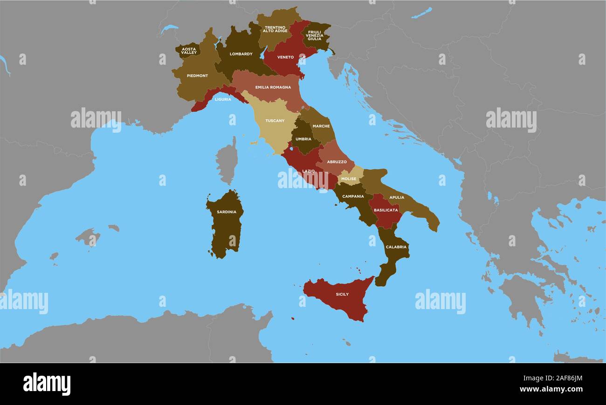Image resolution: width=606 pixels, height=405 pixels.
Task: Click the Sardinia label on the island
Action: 227,212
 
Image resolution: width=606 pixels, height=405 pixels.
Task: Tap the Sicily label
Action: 342,295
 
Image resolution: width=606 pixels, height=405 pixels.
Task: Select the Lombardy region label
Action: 241,54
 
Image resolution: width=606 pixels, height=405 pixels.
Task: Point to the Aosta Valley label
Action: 189,51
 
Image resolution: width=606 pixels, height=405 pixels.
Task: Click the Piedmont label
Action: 197,76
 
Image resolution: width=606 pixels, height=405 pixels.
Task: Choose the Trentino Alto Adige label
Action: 275,29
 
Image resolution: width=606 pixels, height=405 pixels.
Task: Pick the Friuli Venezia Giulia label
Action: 315,35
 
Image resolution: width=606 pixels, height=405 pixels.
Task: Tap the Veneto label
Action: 285,57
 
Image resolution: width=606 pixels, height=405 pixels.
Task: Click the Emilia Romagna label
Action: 273,88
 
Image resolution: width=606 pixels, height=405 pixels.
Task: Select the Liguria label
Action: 223,99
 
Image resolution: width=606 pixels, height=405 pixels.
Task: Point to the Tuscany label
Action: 275,121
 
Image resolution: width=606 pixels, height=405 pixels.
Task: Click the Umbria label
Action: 303,139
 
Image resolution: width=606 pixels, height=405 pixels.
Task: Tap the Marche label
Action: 321,126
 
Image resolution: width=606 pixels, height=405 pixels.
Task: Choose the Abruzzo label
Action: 337,162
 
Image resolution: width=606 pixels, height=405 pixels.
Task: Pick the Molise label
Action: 349,179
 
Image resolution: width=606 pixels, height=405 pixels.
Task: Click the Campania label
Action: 353,196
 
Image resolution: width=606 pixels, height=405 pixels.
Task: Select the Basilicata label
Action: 386,210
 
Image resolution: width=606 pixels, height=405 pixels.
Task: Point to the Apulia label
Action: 397,197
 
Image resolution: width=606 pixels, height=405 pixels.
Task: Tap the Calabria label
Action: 396,247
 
